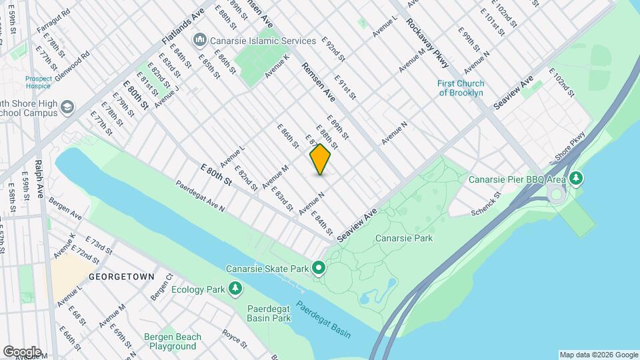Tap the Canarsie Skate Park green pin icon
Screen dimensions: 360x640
coord(319,269)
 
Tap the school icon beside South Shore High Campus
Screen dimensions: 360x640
coord(67,107)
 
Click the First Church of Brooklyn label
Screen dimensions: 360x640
coord(461,88)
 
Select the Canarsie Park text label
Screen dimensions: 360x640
coord(403,238)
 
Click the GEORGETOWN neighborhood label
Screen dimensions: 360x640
coord(122,276)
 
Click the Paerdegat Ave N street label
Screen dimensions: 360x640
coord(201,196)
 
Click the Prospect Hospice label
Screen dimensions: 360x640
coord(38,83)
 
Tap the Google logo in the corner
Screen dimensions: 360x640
coord(21,351)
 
